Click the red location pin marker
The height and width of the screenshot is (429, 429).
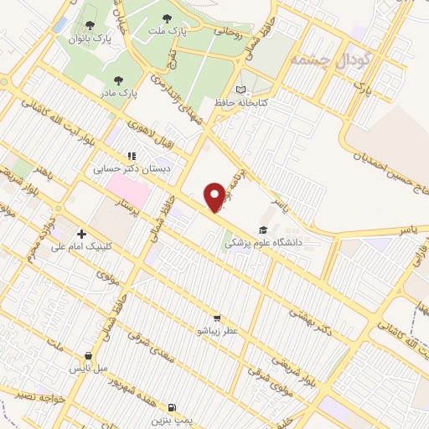(216, 196)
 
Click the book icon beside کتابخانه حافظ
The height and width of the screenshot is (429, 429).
(242, 90)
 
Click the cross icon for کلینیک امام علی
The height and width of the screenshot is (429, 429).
(81, 234)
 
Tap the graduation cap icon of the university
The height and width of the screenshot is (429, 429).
(263, 230)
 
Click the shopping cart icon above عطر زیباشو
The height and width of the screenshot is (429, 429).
(218, 318)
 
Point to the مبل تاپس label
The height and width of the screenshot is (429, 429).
(89, 368)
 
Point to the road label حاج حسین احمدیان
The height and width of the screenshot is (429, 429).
(386, 164)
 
